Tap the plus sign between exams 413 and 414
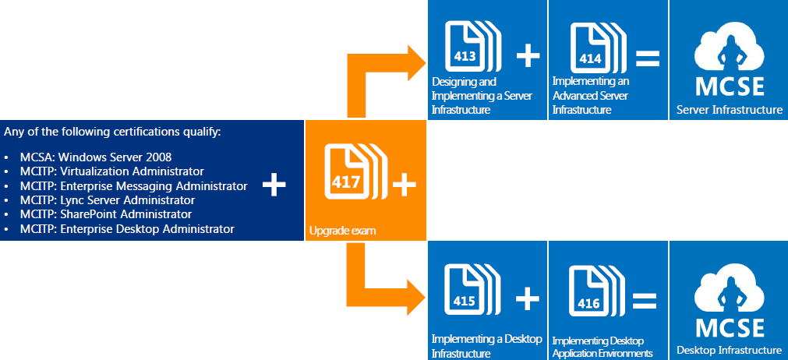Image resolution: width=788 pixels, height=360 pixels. click(x=528, y=55)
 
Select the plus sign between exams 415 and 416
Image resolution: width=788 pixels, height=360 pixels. click(x=528, y=297)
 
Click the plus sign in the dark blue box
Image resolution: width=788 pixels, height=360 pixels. click(x=274, y=185)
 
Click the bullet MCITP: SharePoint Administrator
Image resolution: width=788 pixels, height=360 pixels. click(x=106, y=214)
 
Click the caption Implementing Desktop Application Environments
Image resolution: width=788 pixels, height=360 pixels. click(x=602, y=347)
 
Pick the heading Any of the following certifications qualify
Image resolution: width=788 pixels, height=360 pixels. click(x=113, y=131)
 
